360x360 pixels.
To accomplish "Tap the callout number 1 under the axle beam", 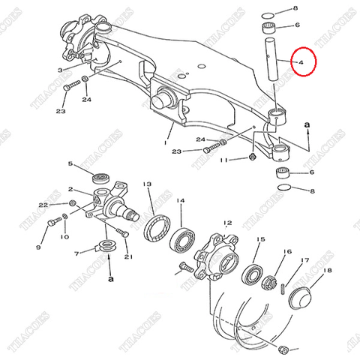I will click(x=166, y=140).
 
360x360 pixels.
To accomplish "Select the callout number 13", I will click(x=148, y=184).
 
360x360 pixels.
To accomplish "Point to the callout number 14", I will click(x=180, y=202).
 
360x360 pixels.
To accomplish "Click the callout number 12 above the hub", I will click(x=228, y=223).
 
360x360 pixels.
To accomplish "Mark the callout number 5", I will click(x=91, y=164).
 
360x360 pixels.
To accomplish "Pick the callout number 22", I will click(x=42, y=204).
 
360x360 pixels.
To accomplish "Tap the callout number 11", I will click(x=223, y=159).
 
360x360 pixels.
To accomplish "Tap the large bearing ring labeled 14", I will click(x=181, y=241).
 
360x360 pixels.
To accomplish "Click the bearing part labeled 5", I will click(x=100, y=178).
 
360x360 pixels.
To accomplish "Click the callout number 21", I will click(x=128, y=257).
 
